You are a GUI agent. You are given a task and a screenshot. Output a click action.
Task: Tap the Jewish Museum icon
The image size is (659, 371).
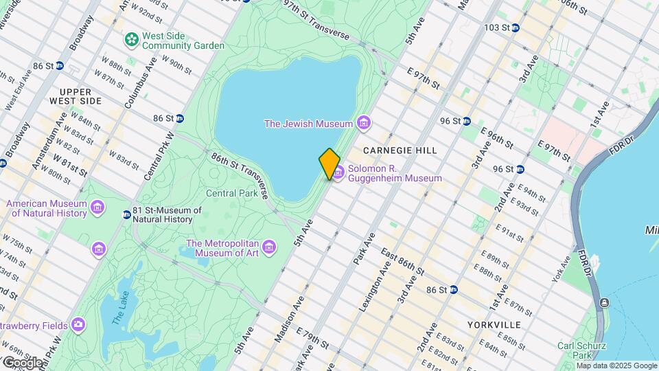click(364, 124)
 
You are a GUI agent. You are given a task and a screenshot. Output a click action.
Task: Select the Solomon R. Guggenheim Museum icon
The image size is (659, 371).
click(338, 172)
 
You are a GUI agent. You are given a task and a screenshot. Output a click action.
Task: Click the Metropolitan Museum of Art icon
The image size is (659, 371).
click(269, 247)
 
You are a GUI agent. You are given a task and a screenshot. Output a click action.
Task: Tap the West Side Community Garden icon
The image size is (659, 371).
click(130, 40)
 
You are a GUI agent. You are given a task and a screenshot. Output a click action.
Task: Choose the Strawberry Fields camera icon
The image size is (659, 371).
click(78, 324)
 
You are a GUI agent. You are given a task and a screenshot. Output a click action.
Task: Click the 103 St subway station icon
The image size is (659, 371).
click(515, 27)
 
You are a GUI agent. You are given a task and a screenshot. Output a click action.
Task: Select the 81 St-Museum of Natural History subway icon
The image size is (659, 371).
click(126, 214)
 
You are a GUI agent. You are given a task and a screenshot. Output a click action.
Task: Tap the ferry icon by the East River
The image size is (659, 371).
click(603, 303)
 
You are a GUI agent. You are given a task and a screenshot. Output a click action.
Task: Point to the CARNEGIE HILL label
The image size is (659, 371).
click(400, 150)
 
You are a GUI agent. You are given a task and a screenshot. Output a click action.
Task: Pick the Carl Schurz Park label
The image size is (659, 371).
click(575, 350)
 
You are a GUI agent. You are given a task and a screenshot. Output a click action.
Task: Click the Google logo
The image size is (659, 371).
click(22, 362)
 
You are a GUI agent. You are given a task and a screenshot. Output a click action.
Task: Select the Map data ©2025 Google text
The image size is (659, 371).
click(616, 366)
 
